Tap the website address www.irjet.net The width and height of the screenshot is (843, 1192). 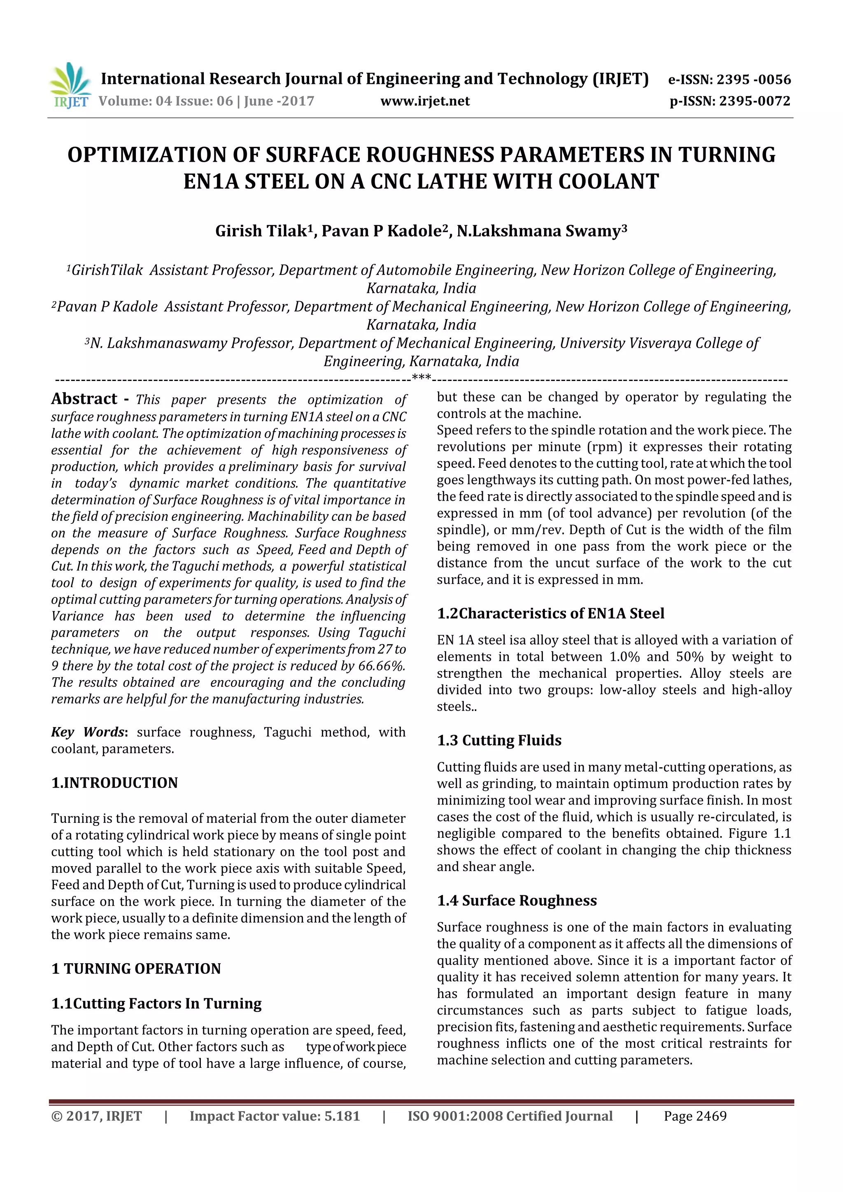424,101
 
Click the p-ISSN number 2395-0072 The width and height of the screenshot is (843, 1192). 755,101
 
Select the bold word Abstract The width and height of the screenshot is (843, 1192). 84,399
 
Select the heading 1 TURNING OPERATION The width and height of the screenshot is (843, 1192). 136,968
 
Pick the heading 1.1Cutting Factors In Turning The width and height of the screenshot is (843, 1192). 156,1003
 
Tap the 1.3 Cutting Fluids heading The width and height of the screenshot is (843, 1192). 499,740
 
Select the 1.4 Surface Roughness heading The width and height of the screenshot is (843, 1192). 517,900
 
